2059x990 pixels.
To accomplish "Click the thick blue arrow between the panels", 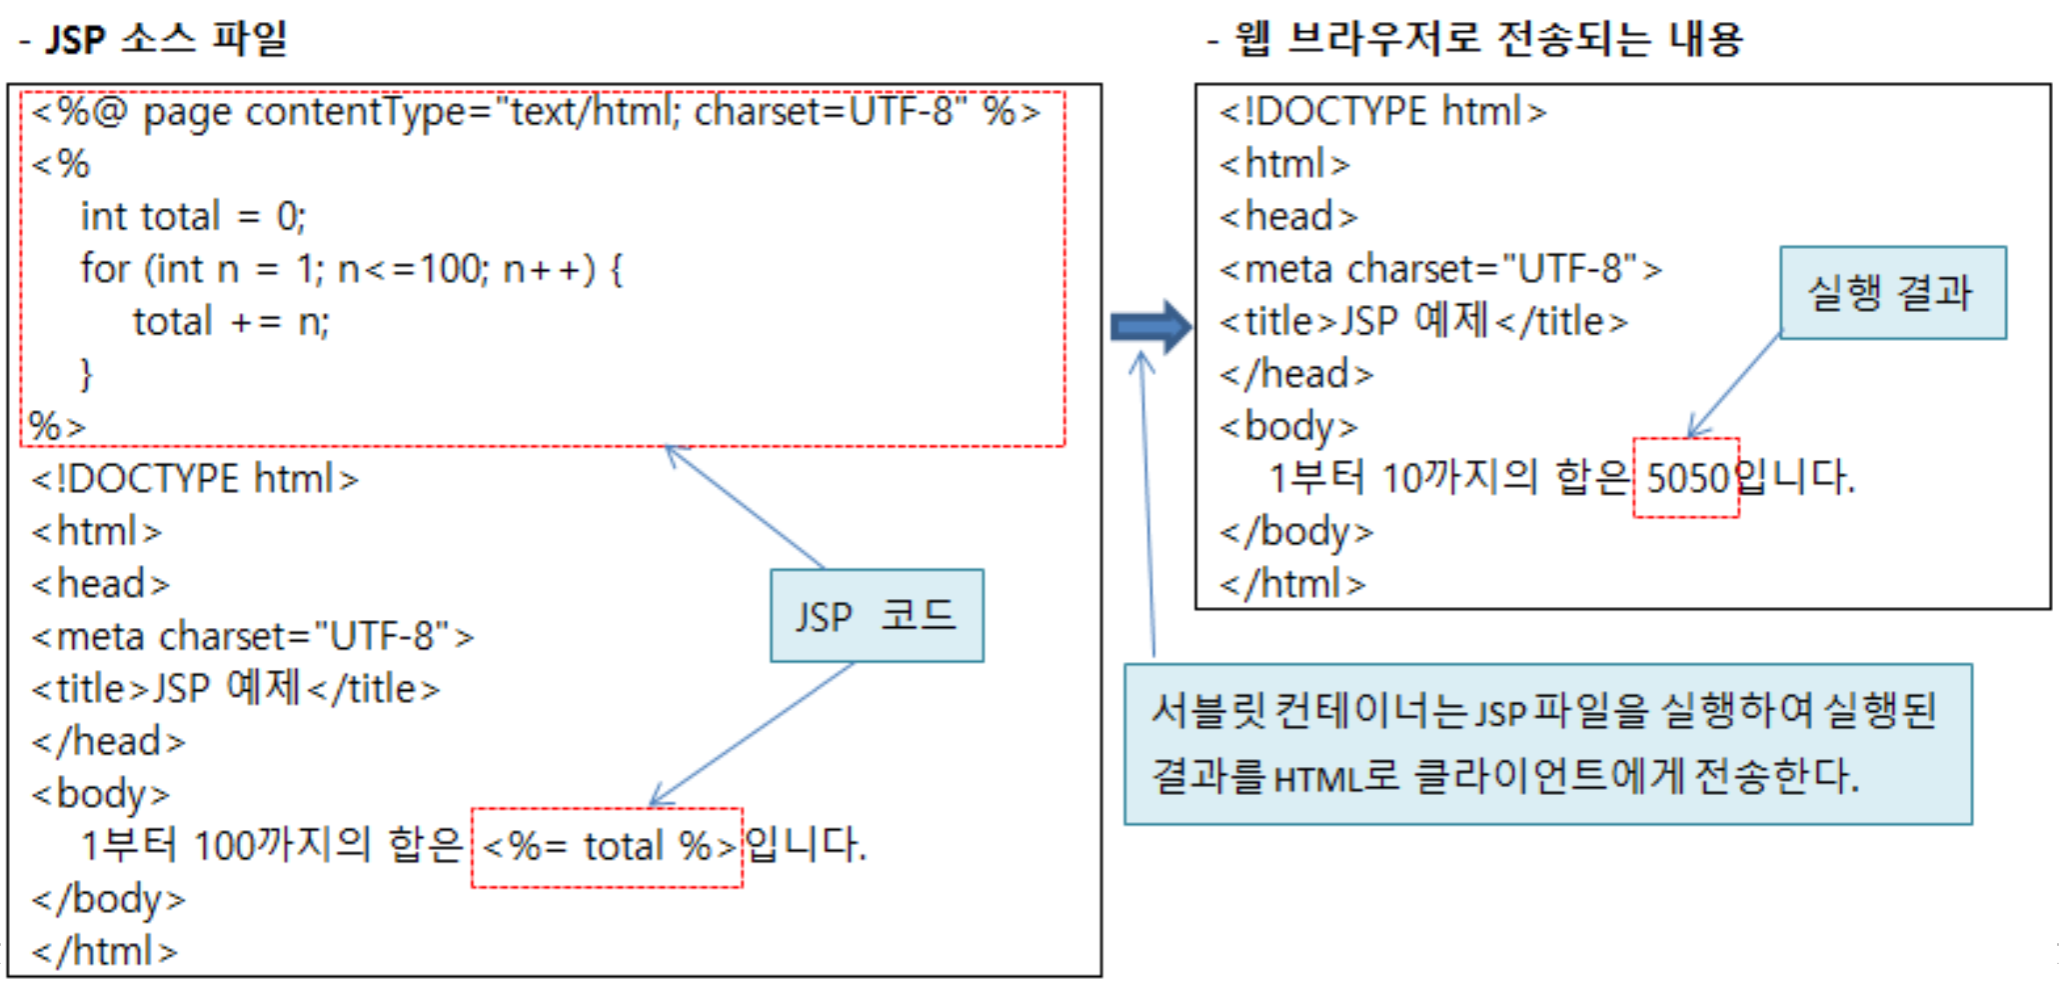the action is pyautogui.click(x=1150, y=326).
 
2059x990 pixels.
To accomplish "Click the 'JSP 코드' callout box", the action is pyautogui.click(x=877, y=616).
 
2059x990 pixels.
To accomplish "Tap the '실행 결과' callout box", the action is pyautogui.click(x=1892, y=293).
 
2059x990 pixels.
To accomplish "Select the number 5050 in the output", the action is pyautogui.click(x=1686, y=478).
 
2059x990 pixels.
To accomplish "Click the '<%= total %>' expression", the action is pyautogui.click(x=608, y=847).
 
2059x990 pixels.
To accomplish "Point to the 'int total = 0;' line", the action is pyautogui.click(x=193, y=217).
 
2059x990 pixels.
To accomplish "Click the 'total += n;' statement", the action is pyautogui.click(x=231, y=322).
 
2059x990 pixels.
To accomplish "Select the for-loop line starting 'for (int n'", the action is pyautogui.click(x=351, y=269).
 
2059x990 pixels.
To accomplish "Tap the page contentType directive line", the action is pyautogui.click(x=536, y=112).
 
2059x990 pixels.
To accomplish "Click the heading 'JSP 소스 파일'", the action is pyautogui.click(x=166, y=40).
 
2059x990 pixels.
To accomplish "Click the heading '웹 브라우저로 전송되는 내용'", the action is pyautogui.click(x=1488, y=40).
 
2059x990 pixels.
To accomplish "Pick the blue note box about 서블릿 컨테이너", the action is pyautogui.click(x=1547, y=744).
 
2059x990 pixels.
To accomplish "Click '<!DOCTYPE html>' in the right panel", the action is pyautogui.click(x=1382, y=112).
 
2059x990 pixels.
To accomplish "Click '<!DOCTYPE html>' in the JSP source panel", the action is pyautogui.click(x=194, y=479).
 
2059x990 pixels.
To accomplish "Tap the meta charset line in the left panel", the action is pyautogui.click(x=252, y=637).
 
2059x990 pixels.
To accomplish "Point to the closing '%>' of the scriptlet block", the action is pyautogui.click(x=57, y=427).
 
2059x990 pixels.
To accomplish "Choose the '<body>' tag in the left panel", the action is pyautogui.click(x=100, y=794).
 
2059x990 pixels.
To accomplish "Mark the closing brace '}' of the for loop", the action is pyautogui.click(x=86, y=374).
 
